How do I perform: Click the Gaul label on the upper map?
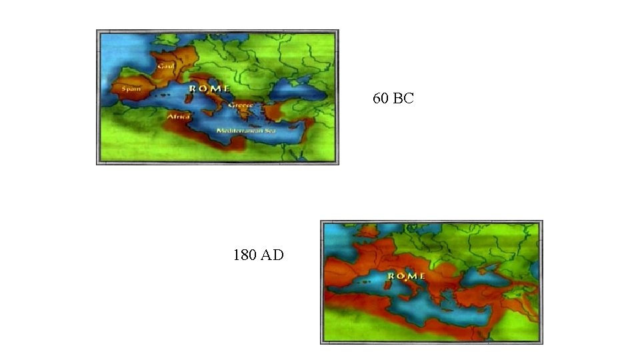tap(165, 66)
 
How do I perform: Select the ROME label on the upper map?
tap(210, 88)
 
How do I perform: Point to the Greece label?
tap(240, 105)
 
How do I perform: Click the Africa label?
tap(178, 117)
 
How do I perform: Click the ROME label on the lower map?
tap(406, 275)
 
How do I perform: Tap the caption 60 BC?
tap(393, 99)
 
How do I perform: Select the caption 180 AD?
tap(258, 255)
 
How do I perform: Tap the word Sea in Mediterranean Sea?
tap(269, 131)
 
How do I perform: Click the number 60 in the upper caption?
tap(381, 99)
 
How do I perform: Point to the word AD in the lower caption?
tap(272, 255)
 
